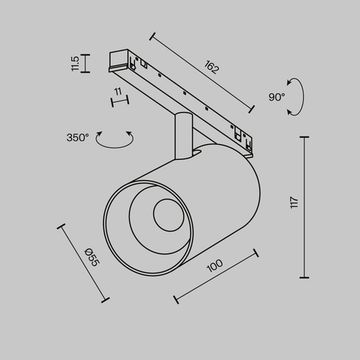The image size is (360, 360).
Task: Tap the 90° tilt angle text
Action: [277, 97]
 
